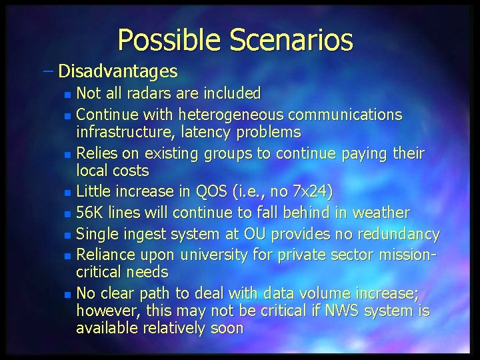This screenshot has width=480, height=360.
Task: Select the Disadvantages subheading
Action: [x=118, y=71]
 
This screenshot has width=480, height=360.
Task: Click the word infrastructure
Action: [x=123, y=131]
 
